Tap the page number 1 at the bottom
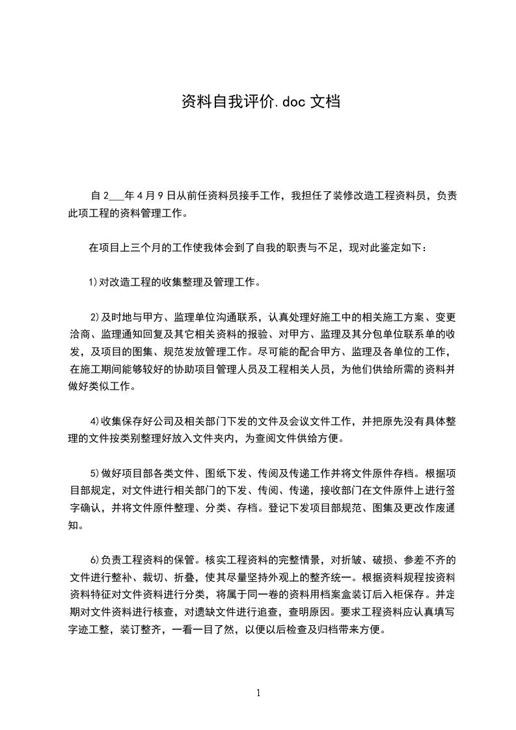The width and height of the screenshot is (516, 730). pos(258,693)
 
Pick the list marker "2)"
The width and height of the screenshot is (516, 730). pos(95,318)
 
